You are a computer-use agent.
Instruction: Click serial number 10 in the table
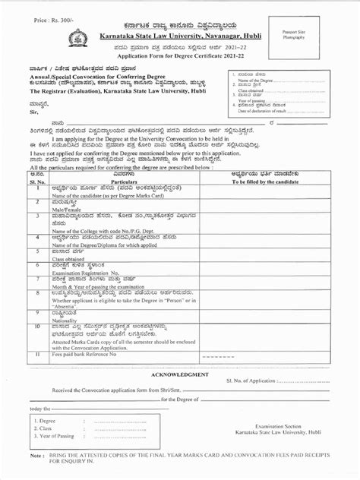(x=37, y=327)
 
